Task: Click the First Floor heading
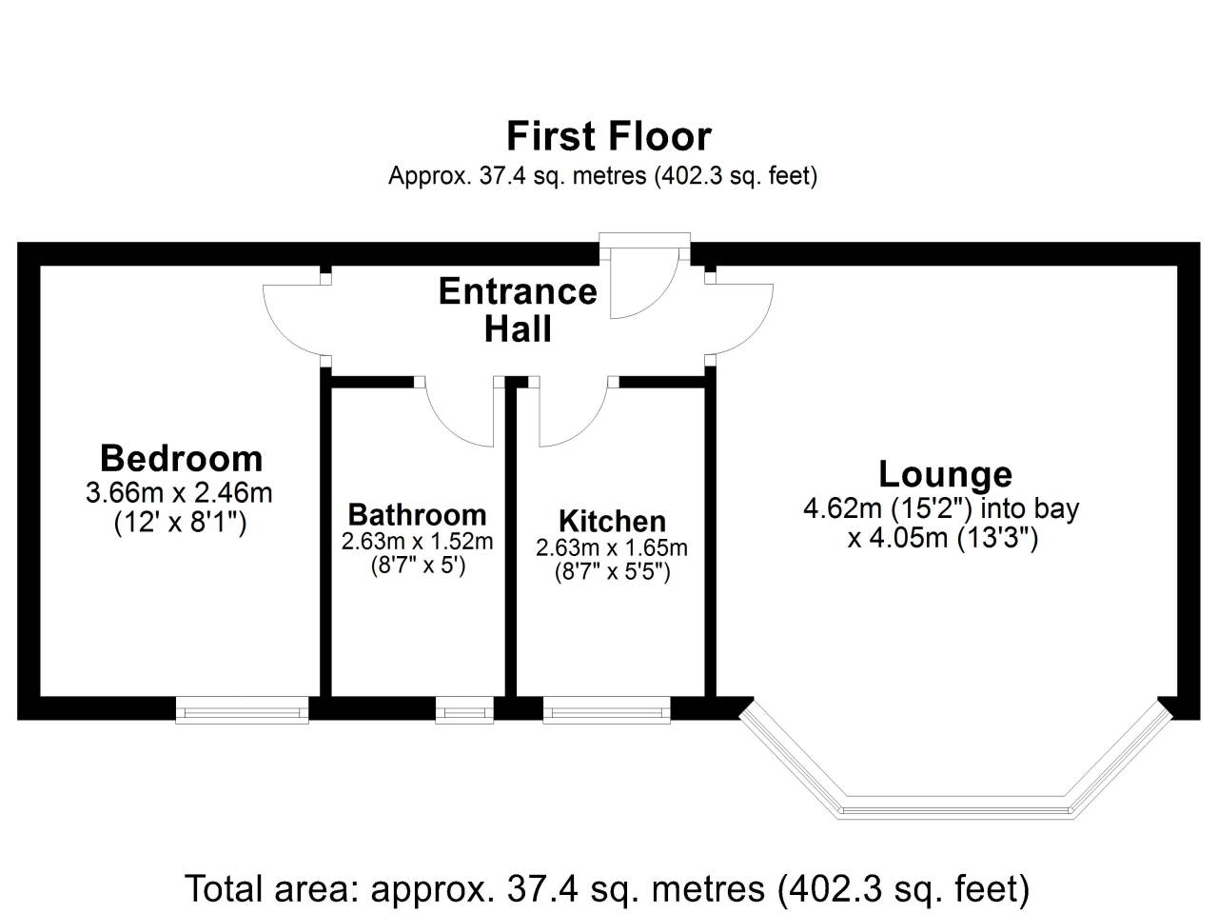(609, 136)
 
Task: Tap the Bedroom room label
(182, 459)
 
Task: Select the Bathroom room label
(418, 515)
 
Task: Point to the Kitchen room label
(612, 521)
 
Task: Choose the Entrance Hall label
(518, 310)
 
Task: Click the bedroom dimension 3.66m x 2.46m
(179, 493)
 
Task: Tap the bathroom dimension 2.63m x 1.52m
(418, 542)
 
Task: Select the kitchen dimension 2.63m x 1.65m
(612, 548)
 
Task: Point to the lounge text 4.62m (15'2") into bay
(941, 508)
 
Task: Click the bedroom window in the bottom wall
(242, 710)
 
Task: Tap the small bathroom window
(464, 710)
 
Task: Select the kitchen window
(606, 710)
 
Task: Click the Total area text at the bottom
(607, 888)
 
